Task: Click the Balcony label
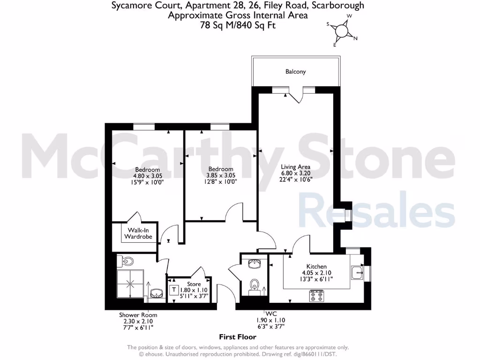295,72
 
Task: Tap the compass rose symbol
342,31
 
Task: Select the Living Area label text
295,167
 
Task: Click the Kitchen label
316,266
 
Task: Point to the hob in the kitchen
316,296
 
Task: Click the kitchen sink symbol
357,271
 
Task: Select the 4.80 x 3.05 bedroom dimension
148,176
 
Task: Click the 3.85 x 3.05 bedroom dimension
221,176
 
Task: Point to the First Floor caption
238,337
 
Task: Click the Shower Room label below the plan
138,315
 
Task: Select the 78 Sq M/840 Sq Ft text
238,25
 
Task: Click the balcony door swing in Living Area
295,96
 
